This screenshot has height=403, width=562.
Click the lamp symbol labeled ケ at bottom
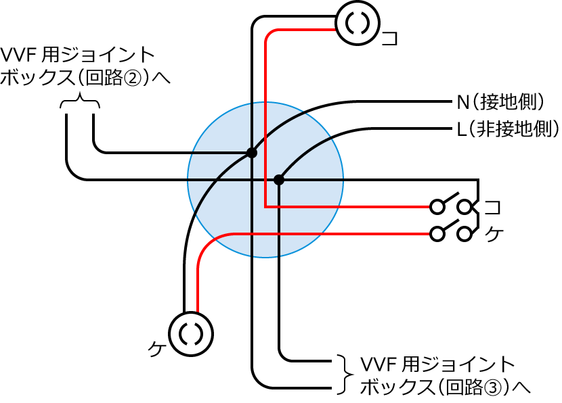191,333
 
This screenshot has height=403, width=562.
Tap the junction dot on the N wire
251,153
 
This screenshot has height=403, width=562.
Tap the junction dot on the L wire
278,180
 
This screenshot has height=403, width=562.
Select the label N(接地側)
501,103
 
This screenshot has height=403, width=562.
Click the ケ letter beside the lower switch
495,235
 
